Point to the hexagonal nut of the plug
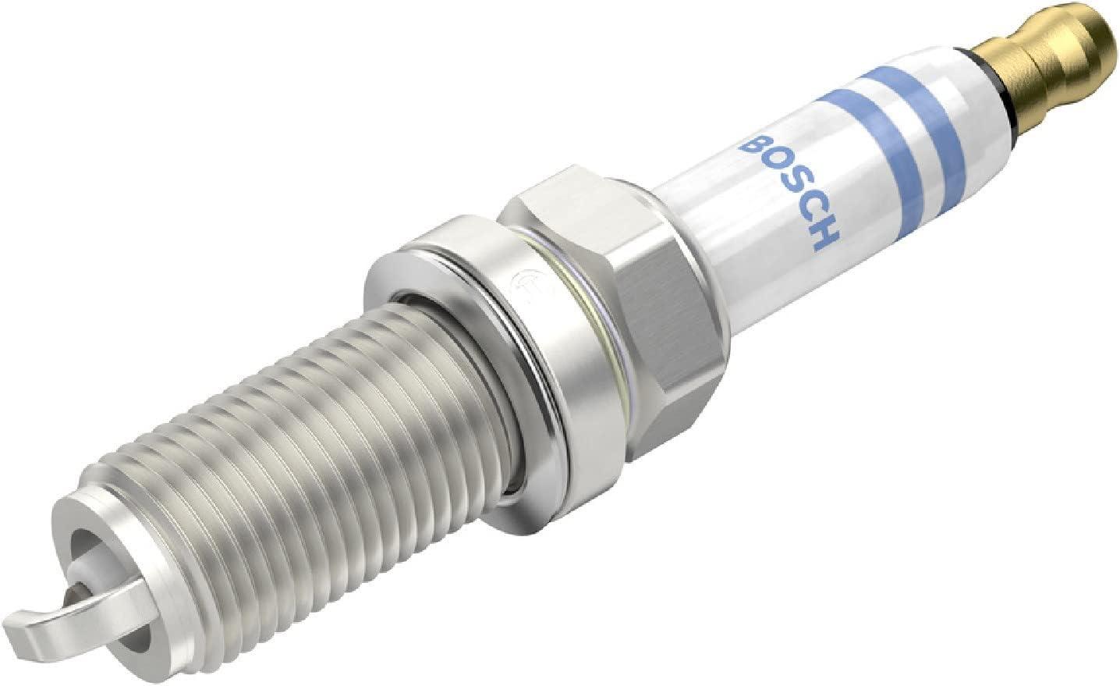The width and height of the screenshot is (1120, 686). coord(615,280)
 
